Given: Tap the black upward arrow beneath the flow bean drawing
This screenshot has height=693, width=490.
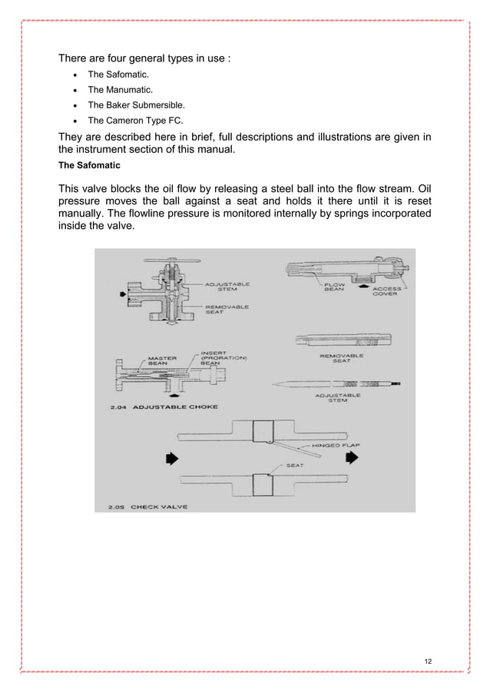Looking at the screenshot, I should coord(363,285).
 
